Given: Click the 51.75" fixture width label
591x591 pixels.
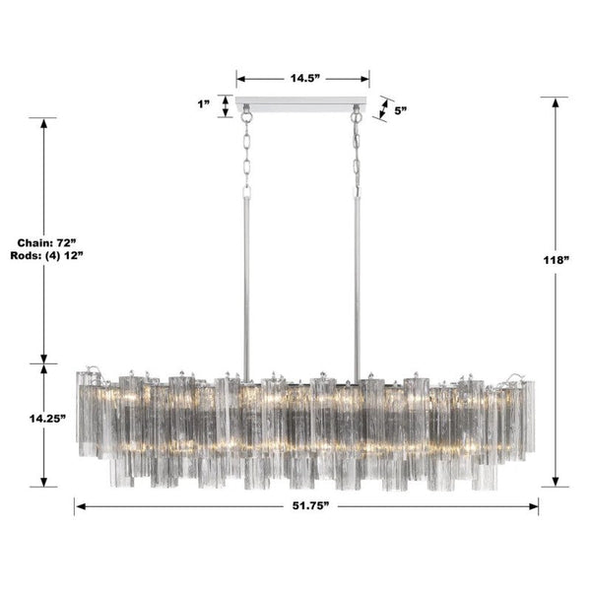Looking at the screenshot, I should (306, 506).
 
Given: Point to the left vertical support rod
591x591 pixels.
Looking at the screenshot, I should (245, 276).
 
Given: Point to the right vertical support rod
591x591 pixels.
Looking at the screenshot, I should (357, 276).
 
